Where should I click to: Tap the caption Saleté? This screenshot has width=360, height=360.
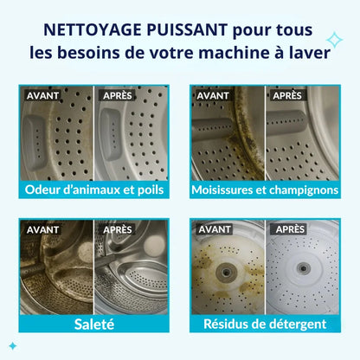pos(95,324)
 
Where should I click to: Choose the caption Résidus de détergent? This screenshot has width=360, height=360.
pos(264,324)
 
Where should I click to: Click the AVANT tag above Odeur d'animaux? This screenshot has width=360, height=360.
pos(43,95)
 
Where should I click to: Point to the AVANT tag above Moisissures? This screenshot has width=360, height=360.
pos(213,95)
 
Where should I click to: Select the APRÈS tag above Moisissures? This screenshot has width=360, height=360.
pos(288,95)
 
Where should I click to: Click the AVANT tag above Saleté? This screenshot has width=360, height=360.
pos(43,229)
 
